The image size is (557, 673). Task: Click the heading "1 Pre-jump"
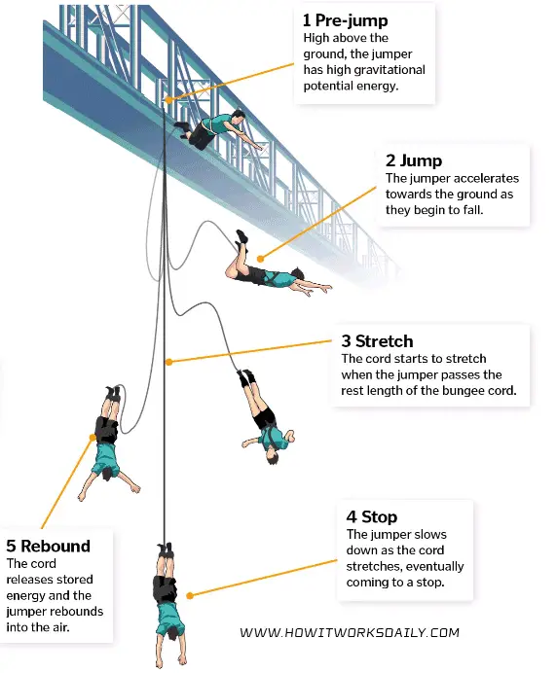[x=345, y=20]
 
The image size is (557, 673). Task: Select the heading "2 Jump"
[x=414, y=160]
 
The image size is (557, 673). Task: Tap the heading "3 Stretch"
[x=377, y=341]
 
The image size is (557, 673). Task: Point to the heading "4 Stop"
[x=372, y=516]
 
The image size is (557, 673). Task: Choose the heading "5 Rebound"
[x=48, y=546]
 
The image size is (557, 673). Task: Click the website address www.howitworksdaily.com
[x=350, y=633]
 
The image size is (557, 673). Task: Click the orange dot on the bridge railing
[x=168, y=100]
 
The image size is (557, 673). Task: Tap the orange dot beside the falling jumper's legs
[x=260, y=259]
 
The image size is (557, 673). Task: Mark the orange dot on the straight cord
[x=169, y=362]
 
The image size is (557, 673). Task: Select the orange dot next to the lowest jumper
[x=190, y=596]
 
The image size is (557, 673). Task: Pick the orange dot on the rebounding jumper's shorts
[x=93, y=437]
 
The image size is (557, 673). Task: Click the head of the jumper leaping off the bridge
[x=238, y=116]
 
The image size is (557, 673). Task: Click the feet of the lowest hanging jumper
[x=166, y=549]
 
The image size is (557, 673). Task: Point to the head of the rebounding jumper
[x=108, y=474]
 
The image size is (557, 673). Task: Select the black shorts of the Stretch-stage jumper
[x=264, y=417]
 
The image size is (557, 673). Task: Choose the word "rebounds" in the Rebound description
[x=79, y=611]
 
